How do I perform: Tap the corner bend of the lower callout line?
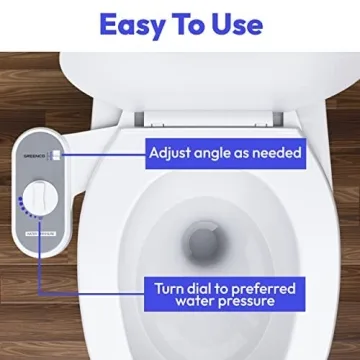[39, 297]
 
